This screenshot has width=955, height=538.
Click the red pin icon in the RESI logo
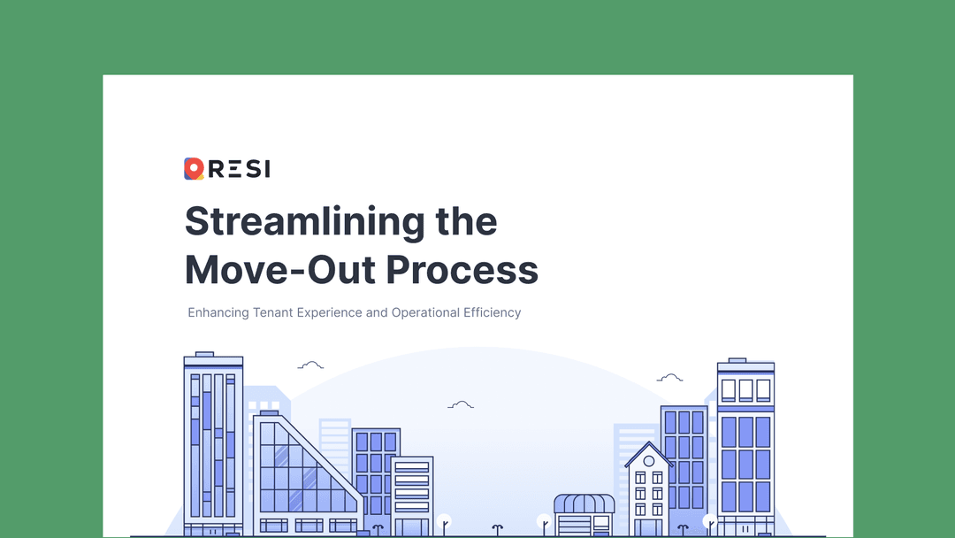(194, 168)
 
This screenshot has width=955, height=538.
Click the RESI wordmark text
(239, 168)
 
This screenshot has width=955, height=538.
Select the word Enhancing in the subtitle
(218, 312)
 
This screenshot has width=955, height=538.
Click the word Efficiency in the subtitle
(493, 312)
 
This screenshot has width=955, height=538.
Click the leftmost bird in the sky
(310, 365)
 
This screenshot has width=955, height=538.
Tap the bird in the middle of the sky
(461, 405)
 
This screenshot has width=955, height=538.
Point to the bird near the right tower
(669, 378)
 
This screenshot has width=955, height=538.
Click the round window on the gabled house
(649, 461)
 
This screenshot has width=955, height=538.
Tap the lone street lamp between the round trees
(498, 528)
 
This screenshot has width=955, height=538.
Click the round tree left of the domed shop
(544, 522)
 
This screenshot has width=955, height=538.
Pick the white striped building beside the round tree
(412, 496)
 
